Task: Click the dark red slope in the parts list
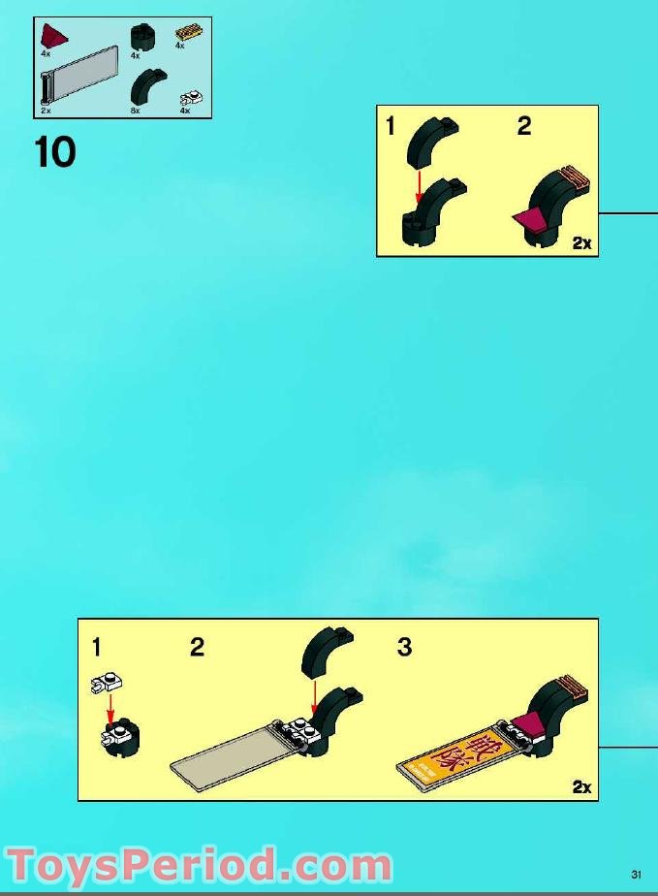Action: tap(53, 38)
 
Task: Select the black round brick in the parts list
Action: tap(142, 38)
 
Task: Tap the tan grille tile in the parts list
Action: tap(187, 34)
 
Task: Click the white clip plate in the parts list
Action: tap(191, 97)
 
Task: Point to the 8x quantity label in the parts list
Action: tap(136, 112)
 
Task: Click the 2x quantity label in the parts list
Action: tap(46, 112)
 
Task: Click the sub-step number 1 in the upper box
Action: tap(391, 126)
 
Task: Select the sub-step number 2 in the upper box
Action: tap(524, 126)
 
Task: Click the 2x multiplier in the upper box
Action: tap(581, 243)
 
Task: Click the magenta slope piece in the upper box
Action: tap(528, 220)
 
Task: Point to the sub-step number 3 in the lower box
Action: tap(404, 647)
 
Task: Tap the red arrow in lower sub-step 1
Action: tap(110, 703)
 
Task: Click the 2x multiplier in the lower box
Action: tap(581, 786)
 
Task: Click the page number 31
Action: tap(636, 870)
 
